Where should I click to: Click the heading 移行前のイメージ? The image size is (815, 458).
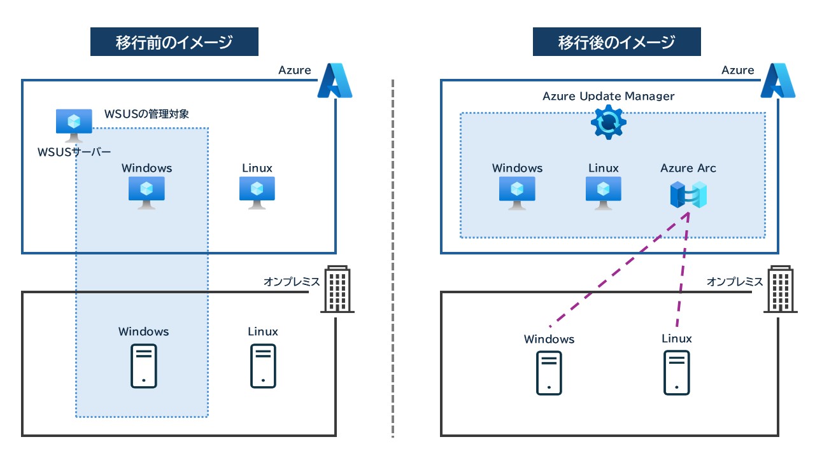(174, 43)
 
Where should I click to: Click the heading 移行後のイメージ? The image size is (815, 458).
(616, 43)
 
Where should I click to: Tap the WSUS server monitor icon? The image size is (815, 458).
(74, 125)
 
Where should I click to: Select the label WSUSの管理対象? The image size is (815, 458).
(146, 114)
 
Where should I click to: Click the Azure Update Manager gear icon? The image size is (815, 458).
(609, 123)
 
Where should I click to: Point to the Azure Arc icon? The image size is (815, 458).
(688, 195)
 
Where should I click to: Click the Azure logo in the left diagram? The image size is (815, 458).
(334, 81)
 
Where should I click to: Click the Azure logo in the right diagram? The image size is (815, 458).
(777, 81)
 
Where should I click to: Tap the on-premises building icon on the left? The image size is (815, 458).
(337, 289)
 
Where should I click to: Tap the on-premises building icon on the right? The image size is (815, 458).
(780, 289)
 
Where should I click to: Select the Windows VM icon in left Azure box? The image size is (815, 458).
(146, 193)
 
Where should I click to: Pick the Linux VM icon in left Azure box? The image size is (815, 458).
(257, 193)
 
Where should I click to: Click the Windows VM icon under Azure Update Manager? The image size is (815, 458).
(517, 193)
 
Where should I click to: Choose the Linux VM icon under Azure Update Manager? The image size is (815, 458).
(604, 193)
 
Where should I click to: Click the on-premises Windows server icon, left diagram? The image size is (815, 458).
(144, 366)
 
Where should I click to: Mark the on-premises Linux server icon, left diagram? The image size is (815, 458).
(263, 366)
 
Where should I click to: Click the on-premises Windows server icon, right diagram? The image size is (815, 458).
(549, 373)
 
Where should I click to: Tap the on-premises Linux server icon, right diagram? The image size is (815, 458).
(677, 373)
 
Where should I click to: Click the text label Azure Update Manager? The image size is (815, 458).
(608, 96)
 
